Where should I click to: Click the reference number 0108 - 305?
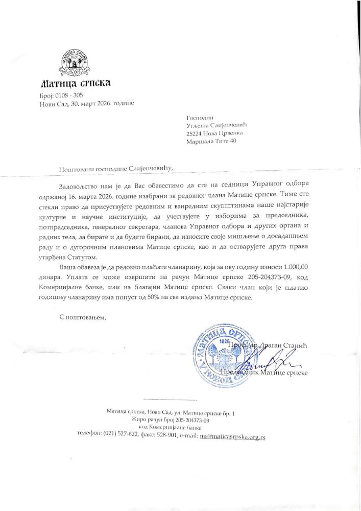point(68,96)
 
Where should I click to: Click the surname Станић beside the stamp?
point(296,346)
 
